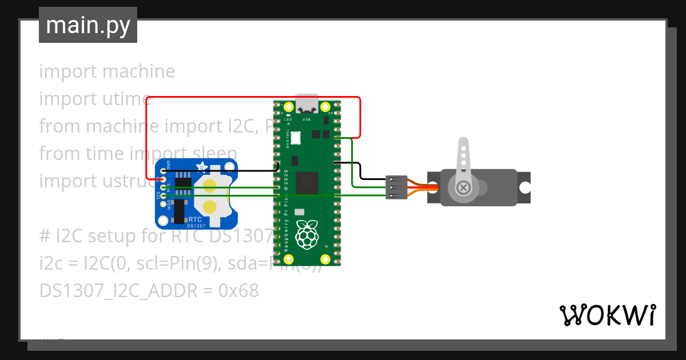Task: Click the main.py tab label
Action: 88,25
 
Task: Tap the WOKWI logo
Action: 607,315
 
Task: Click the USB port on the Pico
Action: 308,105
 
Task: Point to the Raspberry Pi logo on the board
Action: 307,235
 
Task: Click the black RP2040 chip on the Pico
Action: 309,182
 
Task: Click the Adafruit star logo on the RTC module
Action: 202,167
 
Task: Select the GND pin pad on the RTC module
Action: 163,171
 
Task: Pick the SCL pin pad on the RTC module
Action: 163,195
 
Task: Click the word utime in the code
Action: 123,99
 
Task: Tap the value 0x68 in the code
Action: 239,291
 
